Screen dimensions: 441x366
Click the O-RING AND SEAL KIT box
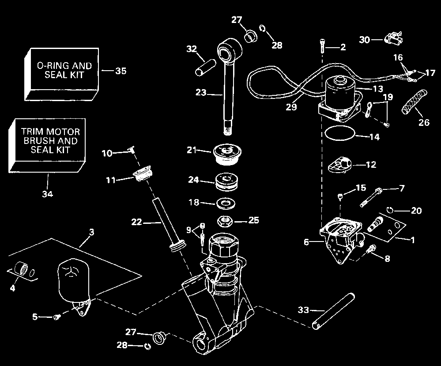click(x=62, y=74)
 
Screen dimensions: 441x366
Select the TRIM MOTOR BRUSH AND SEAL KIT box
click(x=47, y=145)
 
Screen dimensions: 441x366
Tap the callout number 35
click(x=121, y=71)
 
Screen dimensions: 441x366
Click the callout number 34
click(x=48, y=194)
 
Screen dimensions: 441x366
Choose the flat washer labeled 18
click(x=226, y=203)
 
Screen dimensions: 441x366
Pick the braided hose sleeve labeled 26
click(x=414, y=102)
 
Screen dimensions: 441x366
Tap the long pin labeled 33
click(x=333, y=311)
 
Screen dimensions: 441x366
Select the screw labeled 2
click(x=322, y=46)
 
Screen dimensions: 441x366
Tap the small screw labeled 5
click(x=57, y=317)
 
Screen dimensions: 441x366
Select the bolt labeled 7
click(x=370, y=197)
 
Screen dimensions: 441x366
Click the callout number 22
click(x=136, y=222)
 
